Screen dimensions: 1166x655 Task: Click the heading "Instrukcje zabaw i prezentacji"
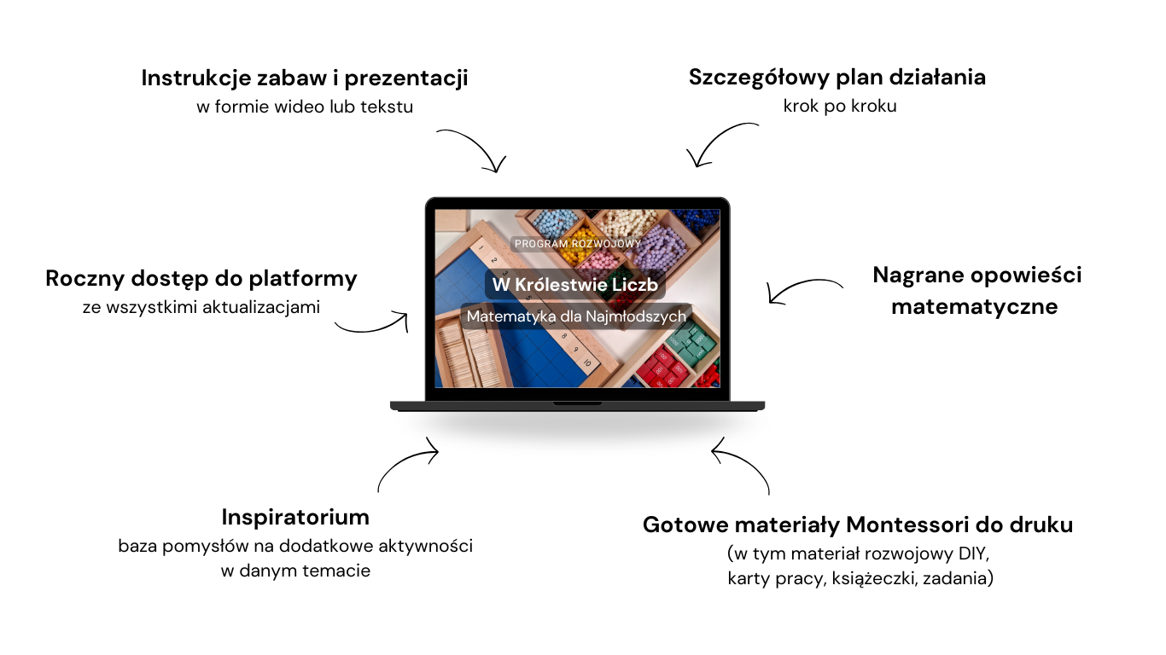pos(305,78)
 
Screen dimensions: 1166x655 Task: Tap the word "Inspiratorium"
pos(295,518)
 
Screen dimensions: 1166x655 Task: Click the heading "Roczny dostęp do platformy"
pos(201,279)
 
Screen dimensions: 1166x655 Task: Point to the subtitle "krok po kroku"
pos(840,107)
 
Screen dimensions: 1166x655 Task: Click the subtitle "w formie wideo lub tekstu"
pos(305,107)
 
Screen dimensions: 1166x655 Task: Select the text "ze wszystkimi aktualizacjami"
pos(201,308)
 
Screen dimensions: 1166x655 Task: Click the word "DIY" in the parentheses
pos(972,554)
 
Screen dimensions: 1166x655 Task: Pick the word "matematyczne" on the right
pos(975,307)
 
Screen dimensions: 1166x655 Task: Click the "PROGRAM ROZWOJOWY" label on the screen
pos(577,244)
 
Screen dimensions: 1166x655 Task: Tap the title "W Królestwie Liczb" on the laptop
pos(575,285)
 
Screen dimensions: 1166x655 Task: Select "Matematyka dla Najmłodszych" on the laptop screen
pos(576,316)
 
